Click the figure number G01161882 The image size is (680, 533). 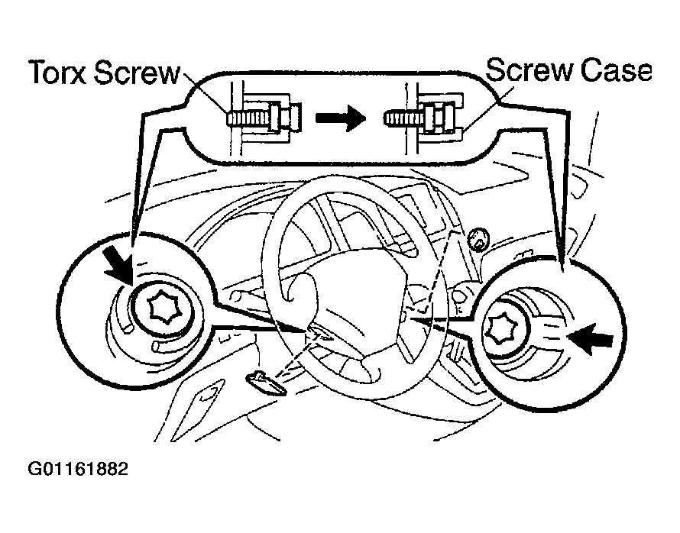(x=78, y=467)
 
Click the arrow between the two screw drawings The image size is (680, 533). (x=340, y=118)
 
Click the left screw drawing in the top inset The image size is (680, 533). (x=256, y=118)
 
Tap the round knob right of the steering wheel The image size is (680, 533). (x=479, y=239)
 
